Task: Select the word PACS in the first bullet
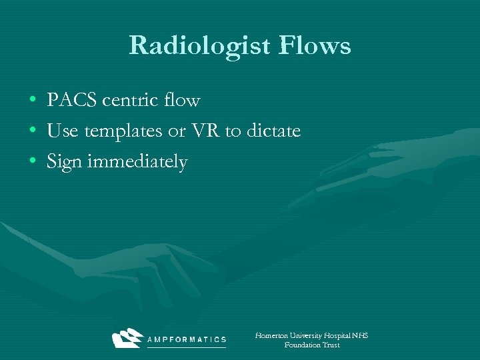click(69, 101)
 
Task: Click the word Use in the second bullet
click(63, 131)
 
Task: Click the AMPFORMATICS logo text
click(186, 339)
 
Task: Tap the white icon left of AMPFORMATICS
click(127, 338)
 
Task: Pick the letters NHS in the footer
click(360, 335)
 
